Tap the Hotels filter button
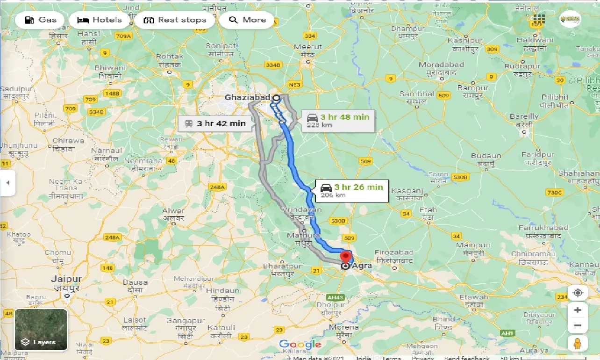coord(100,20)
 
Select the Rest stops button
coord(175,20)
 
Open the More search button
coord(247,20)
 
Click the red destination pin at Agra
coord(346,257)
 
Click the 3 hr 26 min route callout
coord(352,190)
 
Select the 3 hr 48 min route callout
coord(338,120)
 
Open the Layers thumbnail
coord(41,330)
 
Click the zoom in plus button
coord(578,310)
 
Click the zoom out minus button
coord(578,326)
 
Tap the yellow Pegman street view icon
coord(578,344)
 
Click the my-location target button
coord(578,293)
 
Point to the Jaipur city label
coord(66,279)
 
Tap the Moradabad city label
coord(441,65)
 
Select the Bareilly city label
coord(524,116)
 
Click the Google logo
coord(300,345)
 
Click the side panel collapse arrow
coord(7,183)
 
